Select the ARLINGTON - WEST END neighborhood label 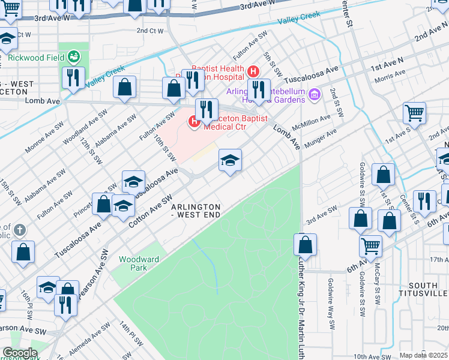click(x=196, y=211)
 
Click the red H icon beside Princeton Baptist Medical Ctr click(x=194, y=122)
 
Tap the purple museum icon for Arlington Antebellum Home click(x=313, y=94)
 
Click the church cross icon click(x=19, y=230)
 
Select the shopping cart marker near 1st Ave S click(x=414, y=112)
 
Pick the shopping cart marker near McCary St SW click(x=370, y=245)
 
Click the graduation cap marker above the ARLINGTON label click(x=230, y=160)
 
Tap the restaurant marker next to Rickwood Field click(x=73, y=77)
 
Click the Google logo click(x=20, y=353)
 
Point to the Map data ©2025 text click(x=424, y=355)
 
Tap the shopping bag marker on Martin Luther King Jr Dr click(x=305, y=244)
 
